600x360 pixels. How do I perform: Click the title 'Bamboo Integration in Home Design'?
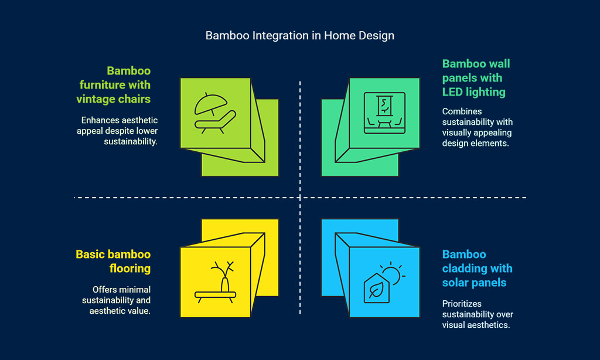tap(299, 36)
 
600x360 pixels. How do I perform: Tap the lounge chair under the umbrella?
tap(216, 122)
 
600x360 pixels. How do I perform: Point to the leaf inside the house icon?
tap(377, 290)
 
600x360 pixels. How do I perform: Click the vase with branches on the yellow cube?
tap(223, 277)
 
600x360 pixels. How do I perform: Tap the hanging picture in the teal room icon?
tap(384, 106)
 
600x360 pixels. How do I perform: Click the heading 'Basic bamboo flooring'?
tap(113, 261)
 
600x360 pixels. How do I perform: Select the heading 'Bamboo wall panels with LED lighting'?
tap(476, 78)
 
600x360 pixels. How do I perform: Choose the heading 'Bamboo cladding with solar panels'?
tap(477, 269)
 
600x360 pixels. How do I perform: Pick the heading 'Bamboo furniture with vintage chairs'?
tap(114, 85)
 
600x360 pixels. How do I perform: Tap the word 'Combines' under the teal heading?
tap(462, 111)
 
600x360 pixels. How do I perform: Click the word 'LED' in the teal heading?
tap(452, 92)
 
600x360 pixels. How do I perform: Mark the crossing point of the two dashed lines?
tap(300, 198)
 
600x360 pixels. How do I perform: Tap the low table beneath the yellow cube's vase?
tap(216, 297)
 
